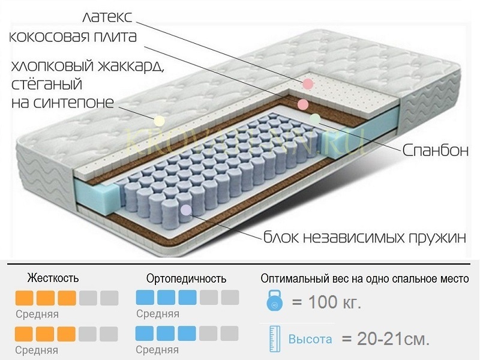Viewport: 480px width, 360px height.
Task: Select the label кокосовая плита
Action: tap(73, 36)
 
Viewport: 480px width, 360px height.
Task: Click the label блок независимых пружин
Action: tap(364, 236)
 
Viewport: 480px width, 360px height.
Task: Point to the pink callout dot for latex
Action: tap(308, 84)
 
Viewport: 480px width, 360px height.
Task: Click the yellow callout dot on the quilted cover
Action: tap(159, 120)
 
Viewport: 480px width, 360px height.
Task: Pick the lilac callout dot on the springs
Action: tap(186, 210)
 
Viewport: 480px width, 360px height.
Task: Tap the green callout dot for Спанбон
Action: tap(314, 118)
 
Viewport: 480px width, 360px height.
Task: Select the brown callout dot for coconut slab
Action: tap(302, 104)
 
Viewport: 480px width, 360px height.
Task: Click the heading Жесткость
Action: tap(53, 278)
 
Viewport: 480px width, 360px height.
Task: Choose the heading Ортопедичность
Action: tap(186, 278)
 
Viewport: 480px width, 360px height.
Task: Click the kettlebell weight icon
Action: tap(274, 302)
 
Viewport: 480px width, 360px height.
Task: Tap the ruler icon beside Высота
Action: tap(274, 339)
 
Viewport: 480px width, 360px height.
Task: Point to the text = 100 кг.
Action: tap(326, 302)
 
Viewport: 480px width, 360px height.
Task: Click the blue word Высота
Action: tap(310, 339)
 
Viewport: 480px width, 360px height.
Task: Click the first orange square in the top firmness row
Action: tap(24, 298)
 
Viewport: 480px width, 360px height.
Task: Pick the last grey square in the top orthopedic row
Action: tap(230, 298)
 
